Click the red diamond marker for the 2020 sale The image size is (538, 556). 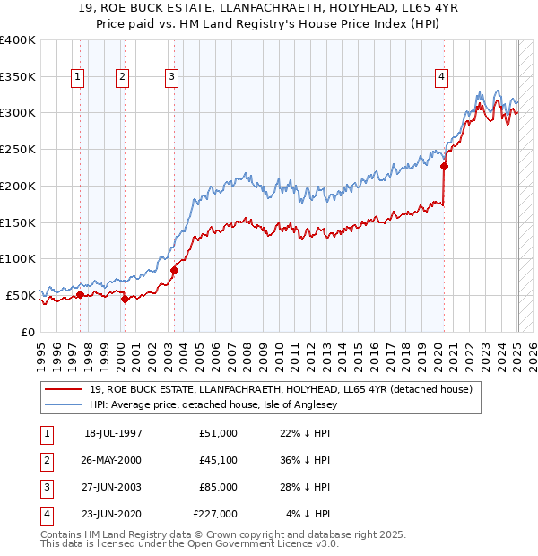[445, 166]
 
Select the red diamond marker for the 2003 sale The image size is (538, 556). [174, 270]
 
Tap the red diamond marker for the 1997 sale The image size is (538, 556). [80, 294]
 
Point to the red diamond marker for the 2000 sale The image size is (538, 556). [126, 299]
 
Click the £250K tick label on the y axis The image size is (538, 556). [17, 150]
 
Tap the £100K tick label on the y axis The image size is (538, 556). [17, 259]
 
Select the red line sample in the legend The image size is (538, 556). [63, 390]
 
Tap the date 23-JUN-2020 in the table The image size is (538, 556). [113, 514]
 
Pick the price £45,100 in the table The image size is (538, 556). [215, 460]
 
